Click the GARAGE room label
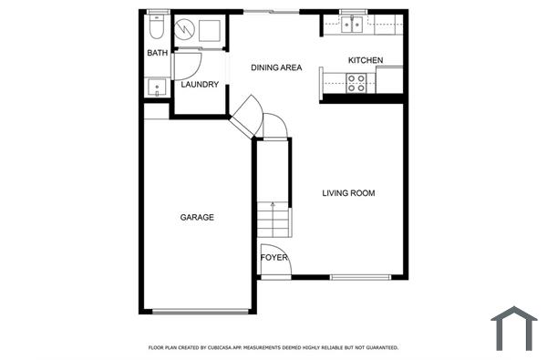click(197, 218)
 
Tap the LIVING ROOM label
click(349, 193)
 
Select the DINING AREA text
click(276, 67)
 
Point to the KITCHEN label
click(365, 61)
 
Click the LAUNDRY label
click(200, 85)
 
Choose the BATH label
click(158, 54)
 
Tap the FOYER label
click(274, 258)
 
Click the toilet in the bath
click(158, 27)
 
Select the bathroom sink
click(157, 88)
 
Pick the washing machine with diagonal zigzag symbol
click(187, 31)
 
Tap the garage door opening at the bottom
click(201, 312)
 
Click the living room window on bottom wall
click(360, 277)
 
